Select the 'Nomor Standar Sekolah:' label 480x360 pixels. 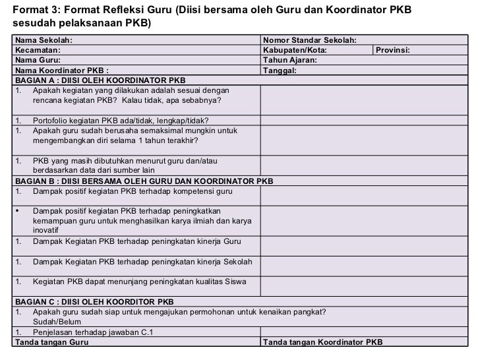[x=309, y=41]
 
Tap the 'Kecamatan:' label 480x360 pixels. [x=38, y=50]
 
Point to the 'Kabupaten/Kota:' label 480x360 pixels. [x=294, y=50]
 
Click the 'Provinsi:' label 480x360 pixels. [x=394, y=50]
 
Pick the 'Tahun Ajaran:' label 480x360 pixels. [x=289, y=60]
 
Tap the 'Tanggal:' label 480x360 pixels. [x=280, y=70]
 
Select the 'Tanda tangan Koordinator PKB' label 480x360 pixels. [x=322, y=342]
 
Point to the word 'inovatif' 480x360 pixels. [x=45, y=231]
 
